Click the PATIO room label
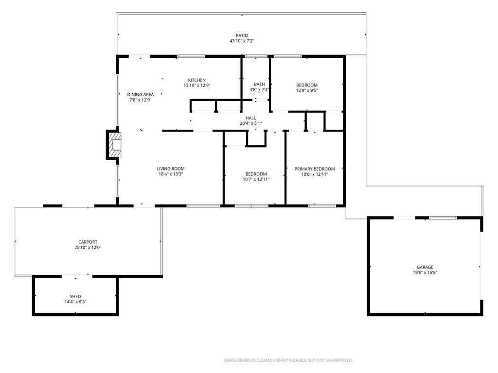pyautogui.click(x=242, y=35)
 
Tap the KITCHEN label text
pyautogui.click(x=197, y=80)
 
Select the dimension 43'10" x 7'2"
pyautogui.click(x=242, y=41)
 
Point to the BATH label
pyautogui.click(x=259, y=85)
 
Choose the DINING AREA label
pyautogui.click(x=141, y=95)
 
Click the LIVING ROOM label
pyautogui.click(x=171, y=169)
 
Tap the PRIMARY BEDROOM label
pyautogui.click(x=315, y=169)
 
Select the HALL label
pyautogui.click(x=250, y=118)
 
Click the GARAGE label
pyautogui.click(x=425, y=267)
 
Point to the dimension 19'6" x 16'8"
pyautogui.click(x=425, y=272)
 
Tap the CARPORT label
pyautogui.click(x=88, y=242)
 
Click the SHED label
pyautogui.click(x=75, y=297)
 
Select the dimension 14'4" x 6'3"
pyautogui.click(x=75, y=302)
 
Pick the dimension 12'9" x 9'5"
pyautogui.click(x=307, y=90)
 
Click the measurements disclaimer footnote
pyautogui.click(x=288, y=360)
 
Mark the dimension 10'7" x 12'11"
pyautogui.click(x=256, y=179)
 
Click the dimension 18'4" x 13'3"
pyautogui.click(x=171, y=174)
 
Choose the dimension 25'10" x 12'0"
pyautogui.click(x=88, y=247)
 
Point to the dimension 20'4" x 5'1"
pyautogui.click(x=250, y=123)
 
